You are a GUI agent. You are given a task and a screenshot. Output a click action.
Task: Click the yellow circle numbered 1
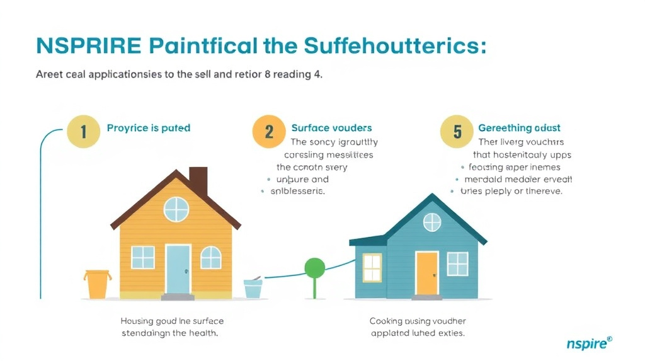coord(83,132)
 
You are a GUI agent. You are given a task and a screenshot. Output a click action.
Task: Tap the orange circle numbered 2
coord(269,132)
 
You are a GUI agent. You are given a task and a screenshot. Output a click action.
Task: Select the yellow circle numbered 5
coord(458,132)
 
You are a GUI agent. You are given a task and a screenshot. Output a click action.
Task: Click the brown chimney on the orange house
coord(198,181)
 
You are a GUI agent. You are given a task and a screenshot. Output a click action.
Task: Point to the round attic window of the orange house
coord(176,209)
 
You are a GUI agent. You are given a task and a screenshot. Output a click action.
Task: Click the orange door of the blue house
coord(426,273)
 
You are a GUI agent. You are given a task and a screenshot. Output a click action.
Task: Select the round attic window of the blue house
coord(432,222)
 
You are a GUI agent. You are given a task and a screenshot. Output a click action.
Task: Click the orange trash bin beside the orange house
coord(97,284)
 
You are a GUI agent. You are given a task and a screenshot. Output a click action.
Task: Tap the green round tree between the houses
coord(314,268)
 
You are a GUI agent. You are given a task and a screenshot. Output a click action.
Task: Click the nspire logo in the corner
coord(588,343)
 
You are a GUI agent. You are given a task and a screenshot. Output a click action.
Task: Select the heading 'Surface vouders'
coord(331,128)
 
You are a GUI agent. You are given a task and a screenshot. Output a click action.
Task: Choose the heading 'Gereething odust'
coord(519,128)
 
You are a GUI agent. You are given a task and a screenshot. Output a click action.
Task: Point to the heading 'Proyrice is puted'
coord(149,128)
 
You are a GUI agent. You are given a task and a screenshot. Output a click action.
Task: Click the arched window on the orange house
coord(211,256)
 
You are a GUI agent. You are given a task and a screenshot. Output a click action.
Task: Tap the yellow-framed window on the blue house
coord(372,267)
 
